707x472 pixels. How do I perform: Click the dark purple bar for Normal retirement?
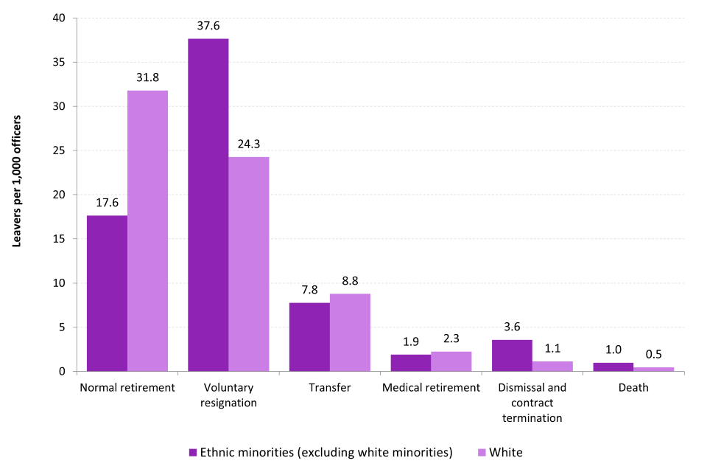(107, 294)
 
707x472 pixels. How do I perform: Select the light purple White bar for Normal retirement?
(147, 231)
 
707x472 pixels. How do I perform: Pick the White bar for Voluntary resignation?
(248, 264)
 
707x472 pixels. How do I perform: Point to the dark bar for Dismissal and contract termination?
(512, 355)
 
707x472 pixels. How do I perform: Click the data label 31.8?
(147, 77)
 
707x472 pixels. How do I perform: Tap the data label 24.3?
(248, 144)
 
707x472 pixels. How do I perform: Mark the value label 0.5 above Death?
(653, 355)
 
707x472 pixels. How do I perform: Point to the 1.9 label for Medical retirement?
(410, 342)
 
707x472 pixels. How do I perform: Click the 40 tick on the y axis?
(62, 18)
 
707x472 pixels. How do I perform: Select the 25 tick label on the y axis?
(62, 151)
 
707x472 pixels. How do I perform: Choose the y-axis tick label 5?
(65, 327)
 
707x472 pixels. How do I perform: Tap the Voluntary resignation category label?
(228, 395)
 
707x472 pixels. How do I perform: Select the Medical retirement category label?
(431, 387)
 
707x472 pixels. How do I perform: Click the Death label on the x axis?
(633, 387)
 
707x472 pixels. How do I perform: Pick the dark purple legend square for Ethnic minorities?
(193, 452)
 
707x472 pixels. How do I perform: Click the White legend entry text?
(505, 452)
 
